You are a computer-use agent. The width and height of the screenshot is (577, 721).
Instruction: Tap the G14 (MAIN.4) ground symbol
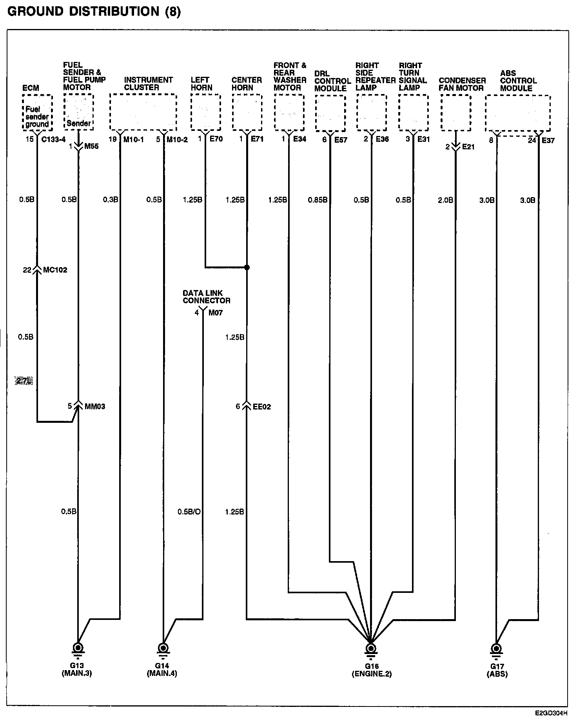162,647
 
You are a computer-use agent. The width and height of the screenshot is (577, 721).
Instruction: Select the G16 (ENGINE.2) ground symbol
370,648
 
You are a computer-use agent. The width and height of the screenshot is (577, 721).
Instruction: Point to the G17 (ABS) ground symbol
496,647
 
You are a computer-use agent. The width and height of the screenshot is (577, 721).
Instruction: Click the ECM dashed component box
37,112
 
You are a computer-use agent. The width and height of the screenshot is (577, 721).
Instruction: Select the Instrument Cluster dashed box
143,112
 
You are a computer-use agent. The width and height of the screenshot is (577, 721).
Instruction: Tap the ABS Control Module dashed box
518,113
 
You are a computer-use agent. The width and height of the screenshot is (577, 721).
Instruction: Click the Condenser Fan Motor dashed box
455,113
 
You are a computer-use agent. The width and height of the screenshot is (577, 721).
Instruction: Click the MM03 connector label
94,406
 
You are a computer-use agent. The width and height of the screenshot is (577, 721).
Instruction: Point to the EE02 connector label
261,407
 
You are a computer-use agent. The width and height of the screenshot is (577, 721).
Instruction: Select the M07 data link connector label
215,313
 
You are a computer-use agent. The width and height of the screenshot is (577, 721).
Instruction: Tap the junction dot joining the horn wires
247,268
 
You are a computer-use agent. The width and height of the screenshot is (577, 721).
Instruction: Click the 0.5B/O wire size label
189,511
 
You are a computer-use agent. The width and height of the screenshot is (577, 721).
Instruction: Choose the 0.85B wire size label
318,200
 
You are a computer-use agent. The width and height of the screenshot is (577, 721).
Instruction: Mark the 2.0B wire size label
445,200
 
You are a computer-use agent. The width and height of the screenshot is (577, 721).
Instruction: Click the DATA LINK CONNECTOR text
206,297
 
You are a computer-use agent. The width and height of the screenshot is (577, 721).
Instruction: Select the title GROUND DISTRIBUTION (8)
94,11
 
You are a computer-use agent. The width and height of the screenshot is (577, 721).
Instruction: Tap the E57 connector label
341,139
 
